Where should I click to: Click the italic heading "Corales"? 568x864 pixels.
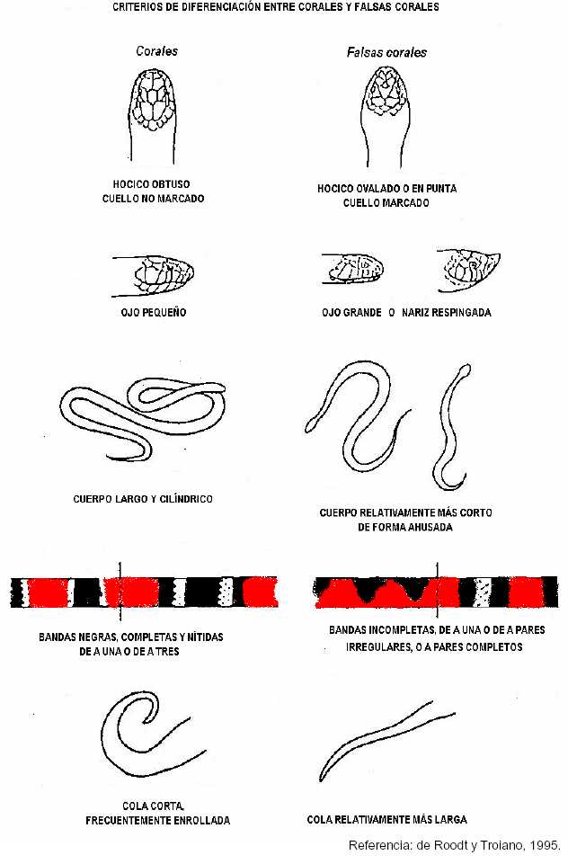pyautogui.click(x=157, y=51)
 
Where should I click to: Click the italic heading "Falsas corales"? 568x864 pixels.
pyautogui.click(x=386, y=52)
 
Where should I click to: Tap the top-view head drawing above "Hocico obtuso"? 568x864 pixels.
pyautogui.click(x=153, y=116)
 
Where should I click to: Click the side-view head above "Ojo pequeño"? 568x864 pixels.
pyautogui.click(x=154, y=275)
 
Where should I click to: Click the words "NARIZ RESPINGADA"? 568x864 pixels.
pyautogui.click(x=447, y=313)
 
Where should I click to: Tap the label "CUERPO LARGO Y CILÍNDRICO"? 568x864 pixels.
pyautogui.click(x=143, y=499)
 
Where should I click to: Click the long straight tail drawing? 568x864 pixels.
pyautogui.click(x=386, y=741)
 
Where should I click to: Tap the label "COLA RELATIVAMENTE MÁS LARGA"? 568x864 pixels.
pyautogui.click(x=386, y=819)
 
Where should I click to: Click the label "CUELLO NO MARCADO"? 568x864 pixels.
pyautogui.click(x=153, y=199)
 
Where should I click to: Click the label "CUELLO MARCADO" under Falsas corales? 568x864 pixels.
pyautogui.click(x=386, y=203)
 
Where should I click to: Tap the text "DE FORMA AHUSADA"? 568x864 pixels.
pyautogui.click(x=405, y=527)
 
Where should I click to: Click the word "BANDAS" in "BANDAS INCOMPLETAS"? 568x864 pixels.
pyautogui.click(x=347, y=629)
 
